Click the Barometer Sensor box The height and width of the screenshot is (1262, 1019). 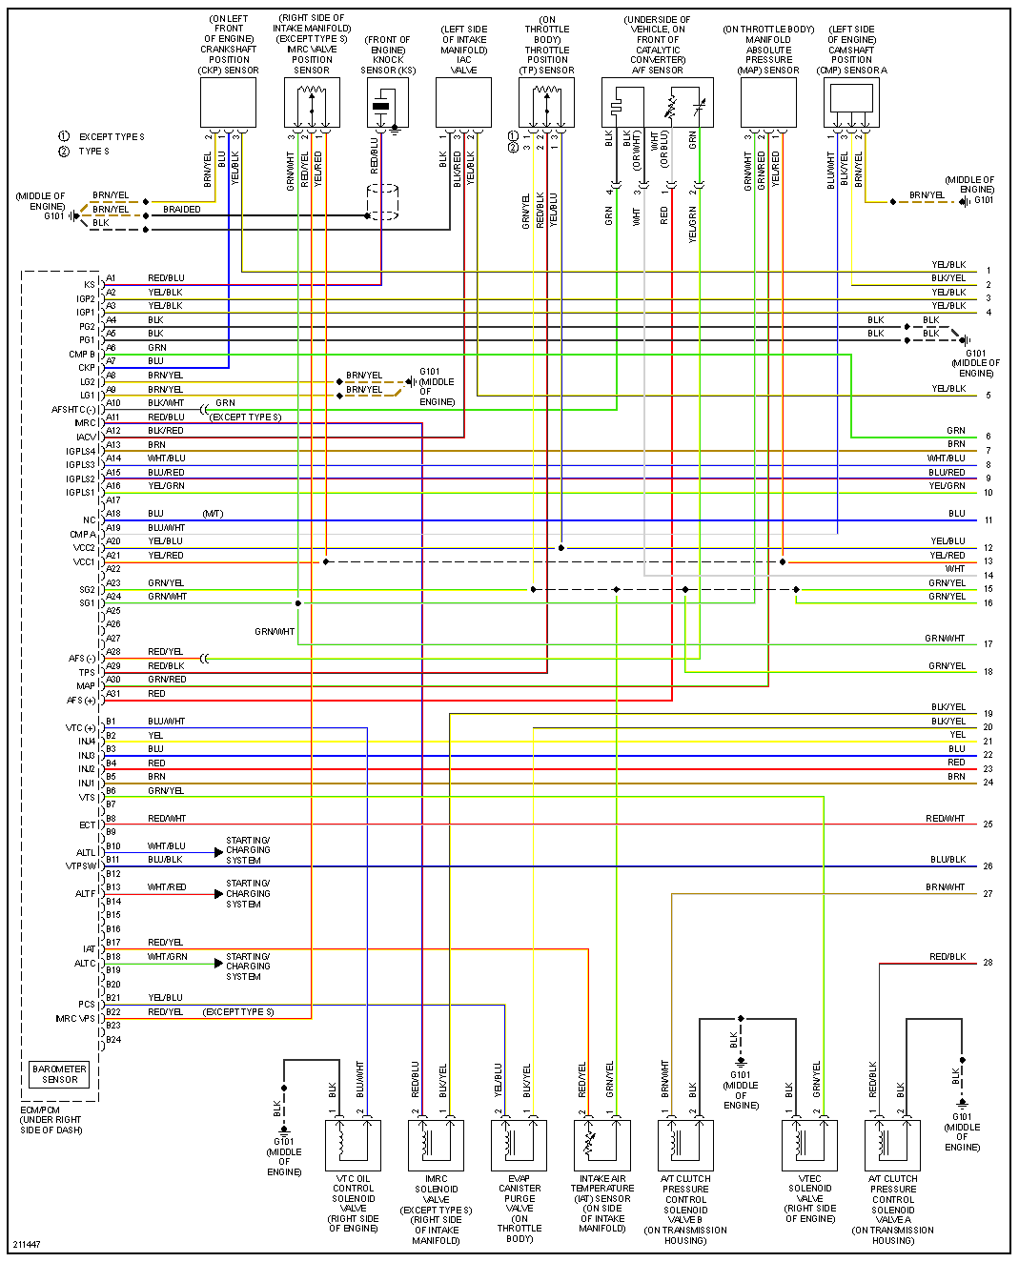point(59,1074)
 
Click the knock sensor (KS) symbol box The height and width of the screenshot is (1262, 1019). point(388,103)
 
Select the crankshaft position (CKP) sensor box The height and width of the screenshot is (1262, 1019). point(228,102)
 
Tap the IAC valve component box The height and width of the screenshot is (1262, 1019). point(463,102)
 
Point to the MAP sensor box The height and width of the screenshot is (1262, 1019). point(768,102)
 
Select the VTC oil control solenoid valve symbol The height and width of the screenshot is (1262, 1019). point(353,1145)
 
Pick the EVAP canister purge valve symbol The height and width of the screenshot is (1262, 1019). point(519,1145)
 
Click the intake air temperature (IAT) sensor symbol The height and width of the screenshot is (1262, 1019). point(601,1145)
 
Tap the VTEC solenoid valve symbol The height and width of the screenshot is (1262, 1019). point(809,1145)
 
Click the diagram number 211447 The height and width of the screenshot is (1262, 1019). point(27,1245)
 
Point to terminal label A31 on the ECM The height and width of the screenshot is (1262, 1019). point(112,694)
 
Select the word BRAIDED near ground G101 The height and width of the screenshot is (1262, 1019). point(182,210)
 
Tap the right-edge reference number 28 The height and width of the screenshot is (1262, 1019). point(988,963)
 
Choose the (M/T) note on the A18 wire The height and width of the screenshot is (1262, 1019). point(213,514)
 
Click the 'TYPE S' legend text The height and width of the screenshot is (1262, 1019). point(93,152)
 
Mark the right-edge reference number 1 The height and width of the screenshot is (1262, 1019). point(988,272)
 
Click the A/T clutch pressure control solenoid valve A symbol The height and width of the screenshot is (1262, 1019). point(892,1145)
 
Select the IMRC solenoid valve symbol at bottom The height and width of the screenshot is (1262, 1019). point(436,1145)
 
